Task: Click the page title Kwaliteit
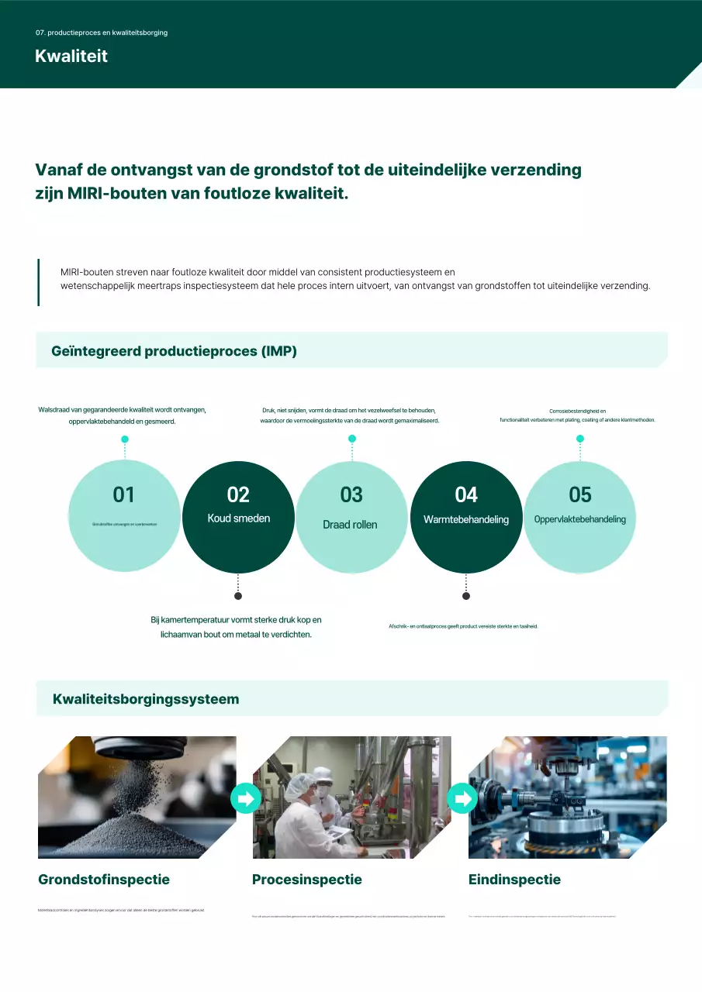click(x=71, y=57)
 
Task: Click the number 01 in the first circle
click(x=124, y=494)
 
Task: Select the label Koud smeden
click(x=239, y=518)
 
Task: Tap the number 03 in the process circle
click(x=351, y=494)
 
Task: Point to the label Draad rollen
click(x=350, y=525)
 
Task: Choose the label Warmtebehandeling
click(x=466, y=519)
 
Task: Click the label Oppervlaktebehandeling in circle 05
click(x=580, y=519)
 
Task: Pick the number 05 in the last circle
click(x=580, y=494)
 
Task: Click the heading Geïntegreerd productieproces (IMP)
click(x=174, y=351)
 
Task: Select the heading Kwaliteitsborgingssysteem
click(x=146, y=699)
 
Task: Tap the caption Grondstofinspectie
click(x=104, y=880)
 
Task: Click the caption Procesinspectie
click(x=307, y=880)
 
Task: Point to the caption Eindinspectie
click(x=514, y=880)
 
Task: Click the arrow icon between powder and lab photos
click(x=246, y=798)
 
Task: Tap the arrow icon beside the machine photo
click(x=462, y=798)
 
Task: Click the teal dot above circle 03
click(x=352, y=439)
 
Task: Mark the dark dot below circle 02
click(x=238, y=596)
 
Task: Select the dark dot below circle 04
click(x=466, y=596)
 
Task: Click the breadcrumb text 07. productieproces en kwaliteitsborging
click(x=102, y=33)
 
